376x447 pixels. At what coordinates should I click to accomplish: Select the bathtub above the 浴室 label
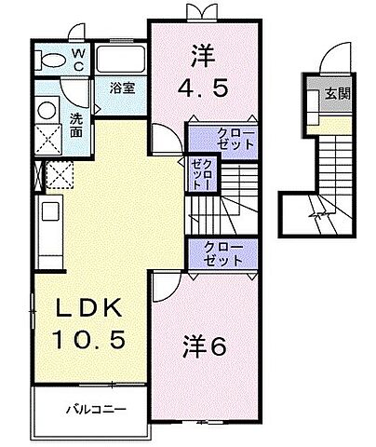point(119,61)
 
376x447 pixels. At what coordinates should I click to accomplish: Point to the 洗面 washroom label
point(78,126)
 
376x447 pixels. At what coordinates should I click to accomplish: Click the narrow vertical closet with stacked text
point(199,172)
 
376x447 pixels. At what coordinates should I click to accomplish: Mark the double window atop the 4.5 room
point(198,12)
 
